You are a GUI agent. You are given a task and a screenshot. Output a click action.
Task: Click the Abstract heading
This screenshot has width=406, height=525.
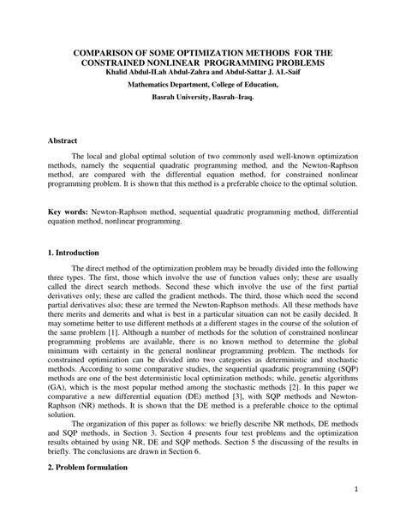point(63,139)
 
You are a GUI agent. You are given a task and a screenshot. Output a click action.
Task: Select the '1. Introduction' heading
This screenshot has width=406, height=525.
point(75,254)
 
